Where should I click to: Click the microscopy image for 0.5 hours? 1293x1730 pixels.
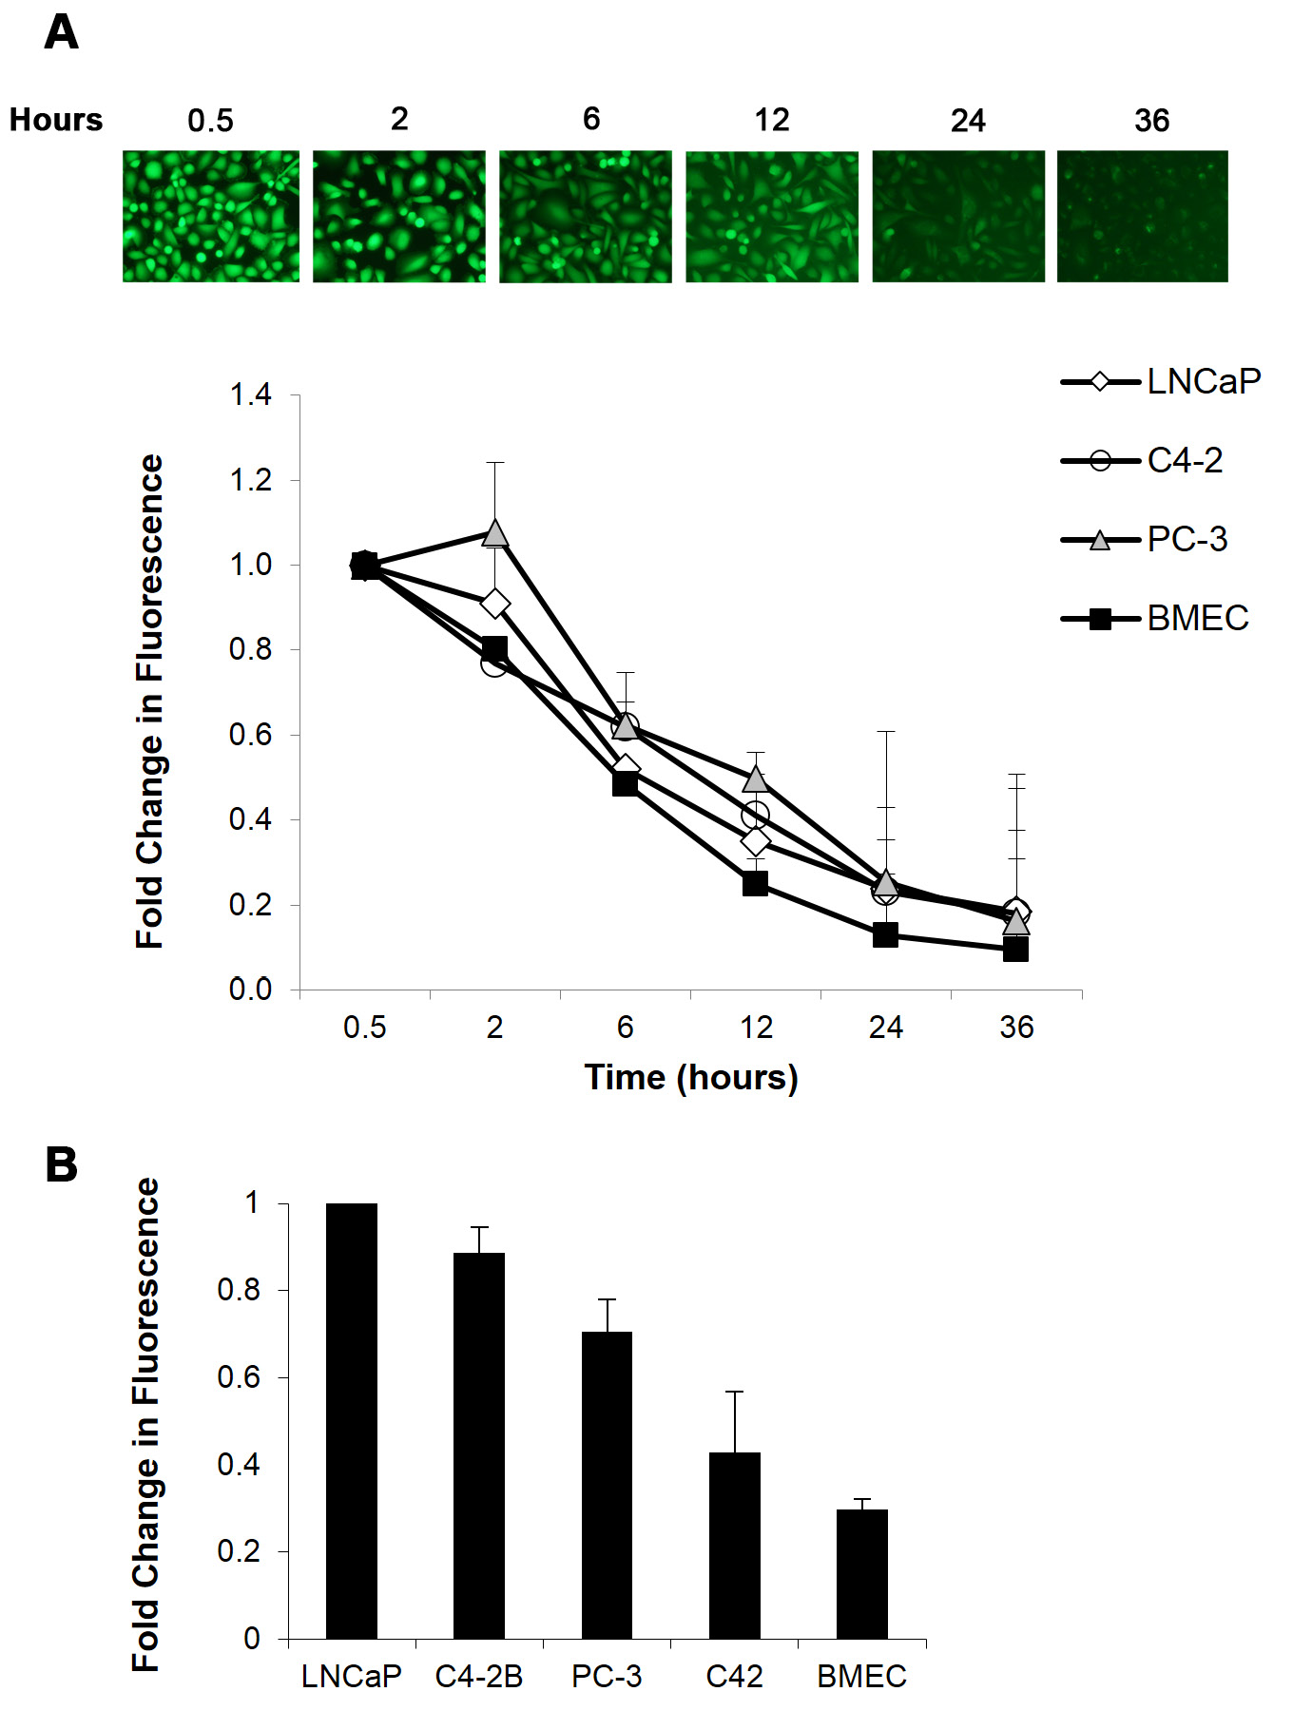point(210,216)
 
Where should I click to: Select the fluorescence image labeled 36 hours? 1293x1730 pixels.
point(1142,216)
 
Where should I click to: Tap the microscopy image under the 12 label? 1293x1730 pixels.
point(771,216)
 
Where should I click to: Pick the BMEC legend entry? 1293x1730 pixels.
point(1155,619)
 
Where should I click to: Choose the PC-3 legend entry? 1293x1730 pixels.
point(1145,540)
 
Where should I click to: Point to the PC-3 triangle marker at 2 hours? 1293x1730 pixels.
point(494,533)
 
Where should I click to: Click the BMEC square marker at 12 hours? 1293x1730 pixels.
point(755,884)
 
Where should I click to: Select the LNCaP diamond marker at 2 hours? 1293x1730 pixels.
point(494,604)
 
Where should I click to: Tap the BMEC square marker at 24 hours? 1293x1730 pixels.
point(885,934)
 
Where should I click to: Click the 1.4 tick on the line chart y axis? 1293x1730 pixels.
point(251,394)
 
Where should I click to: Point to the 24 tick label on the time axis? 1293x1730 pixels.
point(885,1028)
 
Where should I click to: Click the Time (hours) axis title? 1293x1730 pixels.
point(691,1078)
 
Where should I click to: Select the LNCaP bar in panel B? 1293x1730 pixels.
point(352,1421)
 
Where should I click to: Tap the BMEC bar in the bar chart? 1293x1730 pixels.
point(862,1574)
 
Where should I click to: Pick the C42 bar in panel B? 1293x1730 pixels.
point(734,1546)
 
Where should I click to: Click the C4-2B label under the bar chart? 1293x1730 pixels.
point(479,1677)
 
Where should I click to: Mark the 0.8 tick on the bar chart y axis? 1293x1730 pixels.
point(239,1290)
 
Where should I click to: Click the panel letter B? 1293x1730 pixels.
point(62,1164)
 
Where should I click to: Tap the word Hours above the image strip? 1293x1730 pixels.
point(56,120)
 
